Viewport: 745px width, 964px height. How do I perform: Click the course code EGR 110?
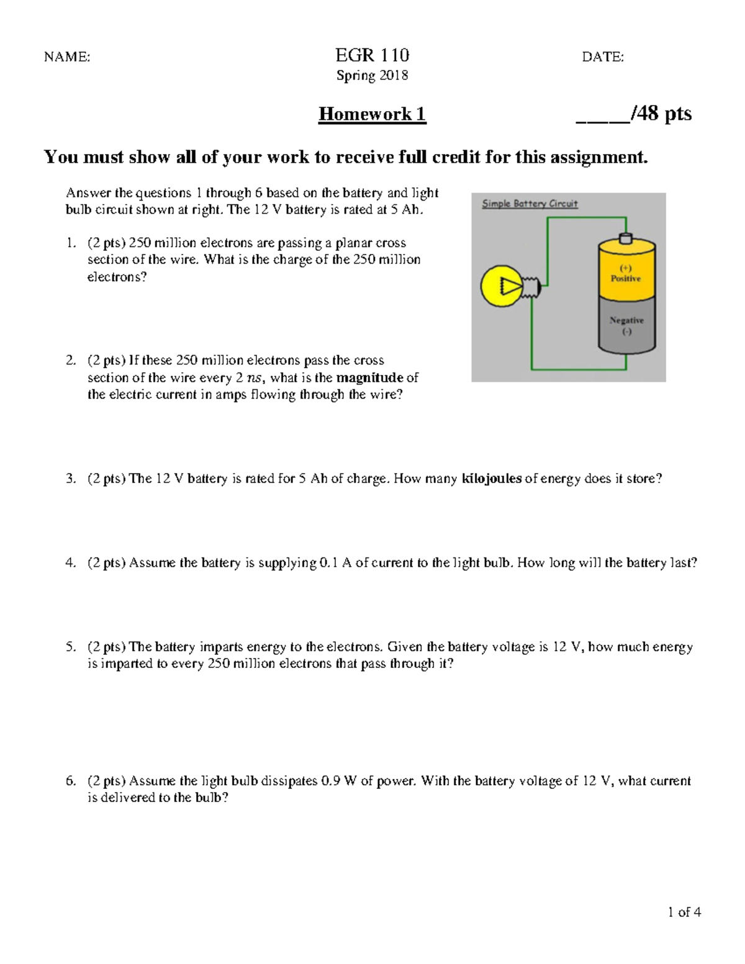(372, 56)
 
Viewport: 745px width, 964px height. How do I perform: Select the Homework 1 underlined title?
(372, 114)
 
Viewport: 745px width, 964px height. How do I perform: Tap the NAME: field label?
(66, 57)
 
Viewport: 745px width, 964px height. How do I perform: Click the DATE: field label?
(602, 57)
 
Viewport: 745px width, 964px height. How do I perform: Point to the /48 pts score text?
(660, 114)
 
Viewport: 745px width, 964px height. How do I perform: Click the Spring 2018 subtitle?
(372, 76)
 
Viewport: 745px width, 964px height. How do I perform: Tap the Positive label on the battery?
(625, 279)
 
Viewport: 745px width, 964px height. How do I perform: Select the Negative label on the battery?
(626, 320)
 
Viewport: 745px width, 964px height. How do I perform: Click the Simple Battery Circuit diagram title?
(530, 204)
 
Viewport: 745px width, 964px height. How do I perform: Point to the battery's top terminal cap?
(626, 238)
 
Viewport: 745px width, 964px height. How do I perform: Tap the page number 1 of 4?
(684, 912)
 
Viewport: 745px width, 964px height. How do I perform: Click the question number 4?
(70, 563)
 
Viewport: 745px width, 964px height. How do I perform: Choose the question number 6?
(70, 781)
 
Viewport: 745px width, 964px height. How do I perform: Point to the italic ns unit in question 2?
(254, 378)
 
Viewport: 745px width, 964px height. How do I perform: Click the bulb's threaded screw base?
(532, 287)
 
